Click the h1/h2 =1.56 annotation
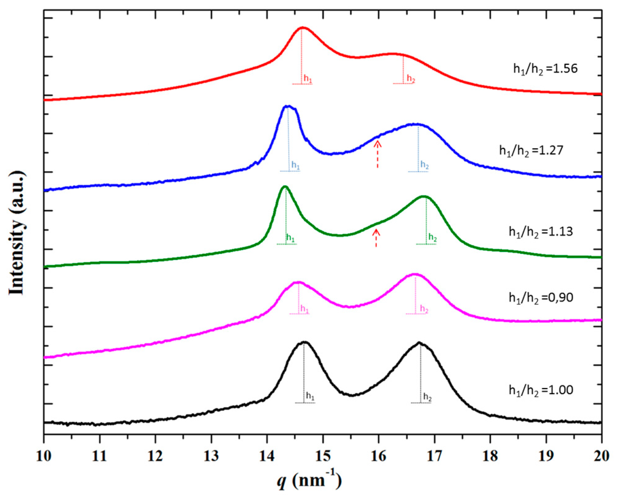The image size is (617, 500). coord(545,69)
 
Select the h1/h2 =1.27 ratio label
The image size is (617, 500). coord(531,150)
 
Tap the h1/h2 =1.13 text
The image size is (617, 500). coord(541,232)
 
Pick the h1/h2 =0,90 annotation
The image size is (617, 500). coord(541,298)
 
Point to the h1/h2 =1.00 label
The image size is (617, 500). coord(541,390)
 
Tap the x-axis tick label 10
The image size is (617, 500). coord(44,456)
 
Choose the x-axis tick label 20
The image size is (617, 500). coord(601,456)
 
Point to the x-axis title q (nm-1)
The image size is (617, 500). coord(309,481)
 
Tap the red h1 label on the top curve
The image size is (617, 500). coord(308,78)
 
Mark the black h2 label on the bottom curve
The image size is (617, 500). coord(427,397)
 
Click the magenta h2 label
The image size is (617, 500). coord(424,309)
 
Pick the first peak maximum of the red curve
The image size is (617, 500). coord(302,28)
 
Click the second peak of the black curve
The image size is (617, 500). coord(419,343)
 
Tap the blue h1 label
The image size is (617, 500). coord(295,165)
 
